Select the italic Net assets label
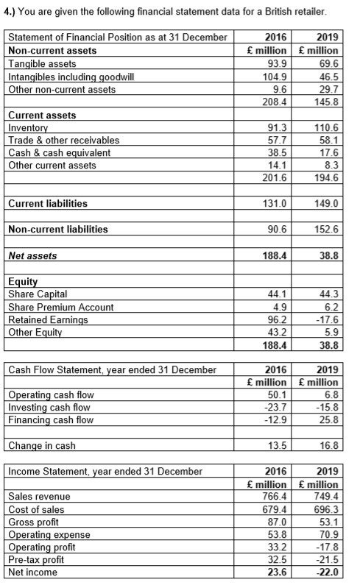(32, 255)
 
